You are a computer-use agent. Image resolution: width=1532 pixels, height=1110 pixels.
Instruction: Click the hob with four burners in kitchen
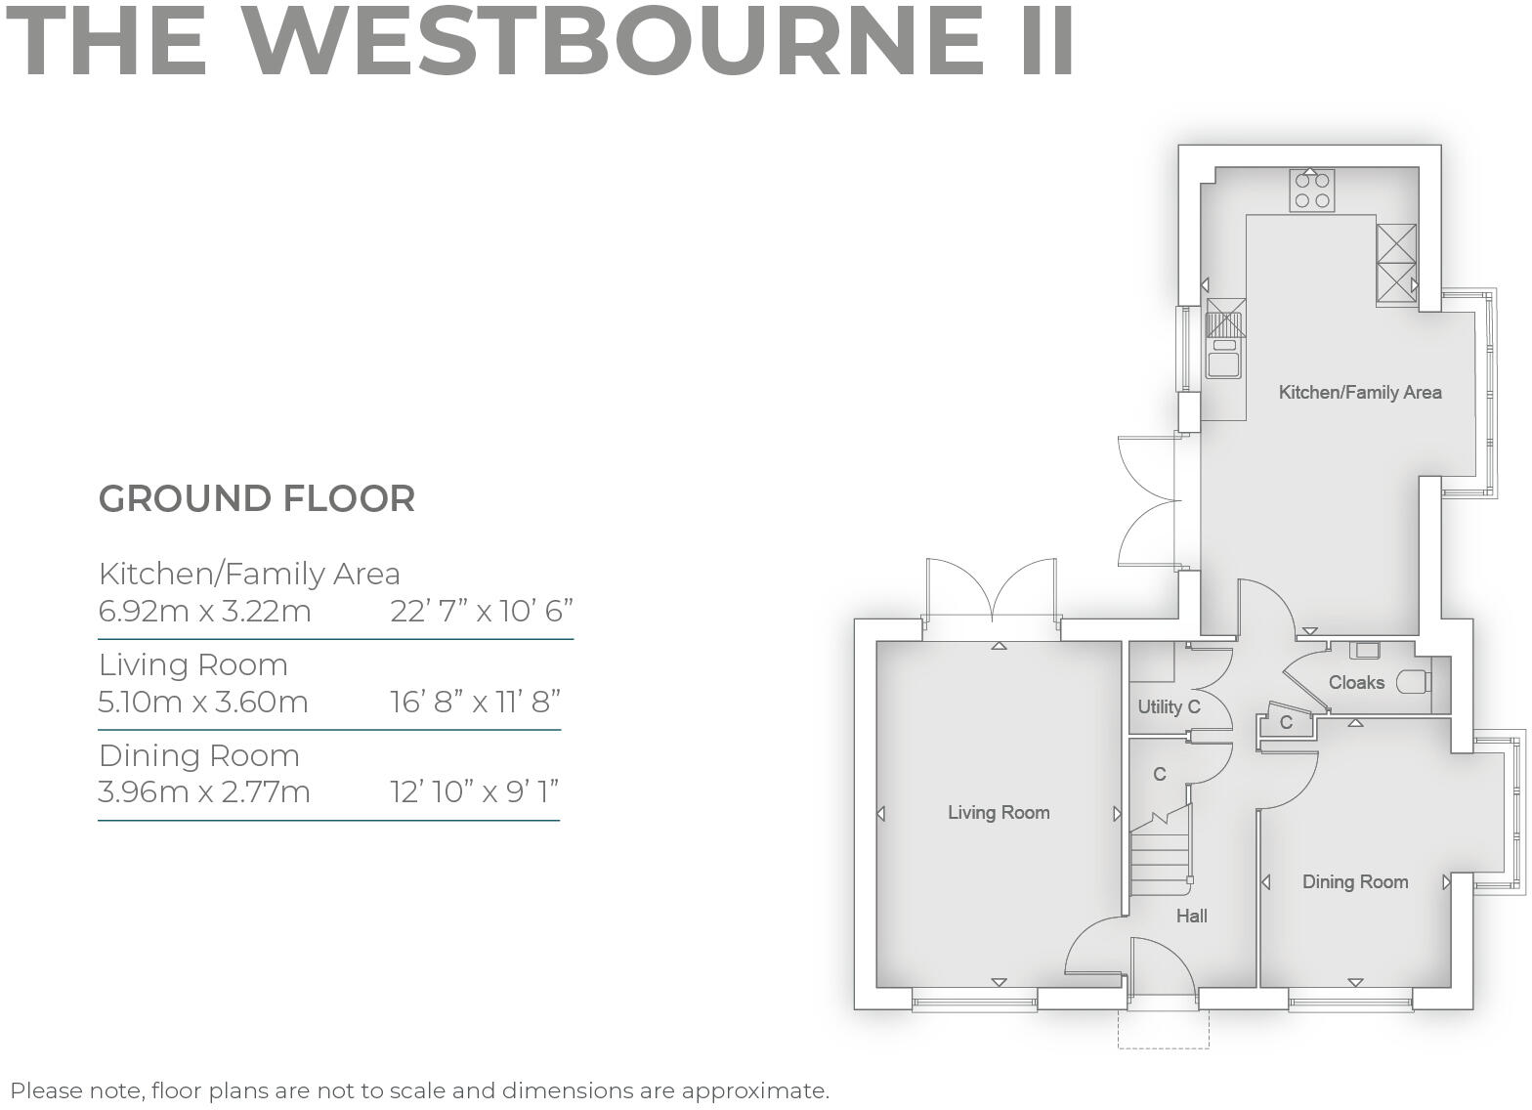click(x=1311, y=191)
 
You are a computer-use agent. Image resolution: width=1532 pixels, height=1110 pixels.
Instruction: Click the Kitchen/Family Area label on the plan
click(x=1359, y=393)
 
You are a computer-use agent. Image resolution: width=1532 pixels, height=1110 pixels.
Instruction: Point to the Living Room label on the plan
click(x=998, y=812)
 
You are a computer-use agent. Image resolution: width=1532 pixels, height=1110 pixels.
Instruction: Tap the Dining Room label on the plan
click(x=1354, y=881)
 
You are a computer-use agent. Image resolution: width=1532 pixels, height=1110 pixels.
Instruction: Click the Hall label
click(x=1191, y=916)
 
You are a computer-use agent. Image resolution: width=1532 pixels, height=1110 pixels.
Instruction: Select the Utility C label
click(x=1168, y=706)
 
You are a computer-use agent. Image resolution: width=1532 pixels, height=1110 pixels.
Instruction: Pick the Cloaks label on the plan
click(x=1355, y=682)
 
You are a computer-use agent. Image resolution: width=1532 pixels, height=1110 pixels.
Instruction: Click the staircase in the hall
click(x=1160, y=860)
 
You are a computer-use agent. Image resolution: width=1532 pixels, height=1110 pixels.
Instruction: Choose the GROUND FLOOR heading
click(x=257, y=498)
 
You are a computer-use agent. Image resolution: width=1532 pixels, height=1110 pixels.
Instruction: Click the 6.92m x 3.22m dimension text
click(x=204, y=612)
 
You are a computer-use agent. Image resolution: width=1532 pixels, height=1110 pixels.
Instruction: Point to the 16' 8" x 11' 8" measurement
click(x=475, y=702)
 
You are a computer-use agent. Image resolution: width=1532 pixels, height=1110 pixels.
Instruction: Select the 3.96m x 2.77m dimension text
click(x=204, y=790)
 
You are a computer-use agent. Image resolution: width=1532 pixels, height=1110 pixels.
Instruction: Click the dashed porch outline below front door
click(x=1163, y=1046)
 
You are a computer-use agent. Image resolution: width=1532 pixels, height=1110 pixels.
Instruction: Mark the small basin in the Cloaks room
click(x=1365, y=650)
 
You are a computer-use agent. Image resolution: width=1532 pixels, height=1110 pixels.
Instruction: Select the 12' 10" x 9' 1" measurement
click(x=474, y=790)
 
